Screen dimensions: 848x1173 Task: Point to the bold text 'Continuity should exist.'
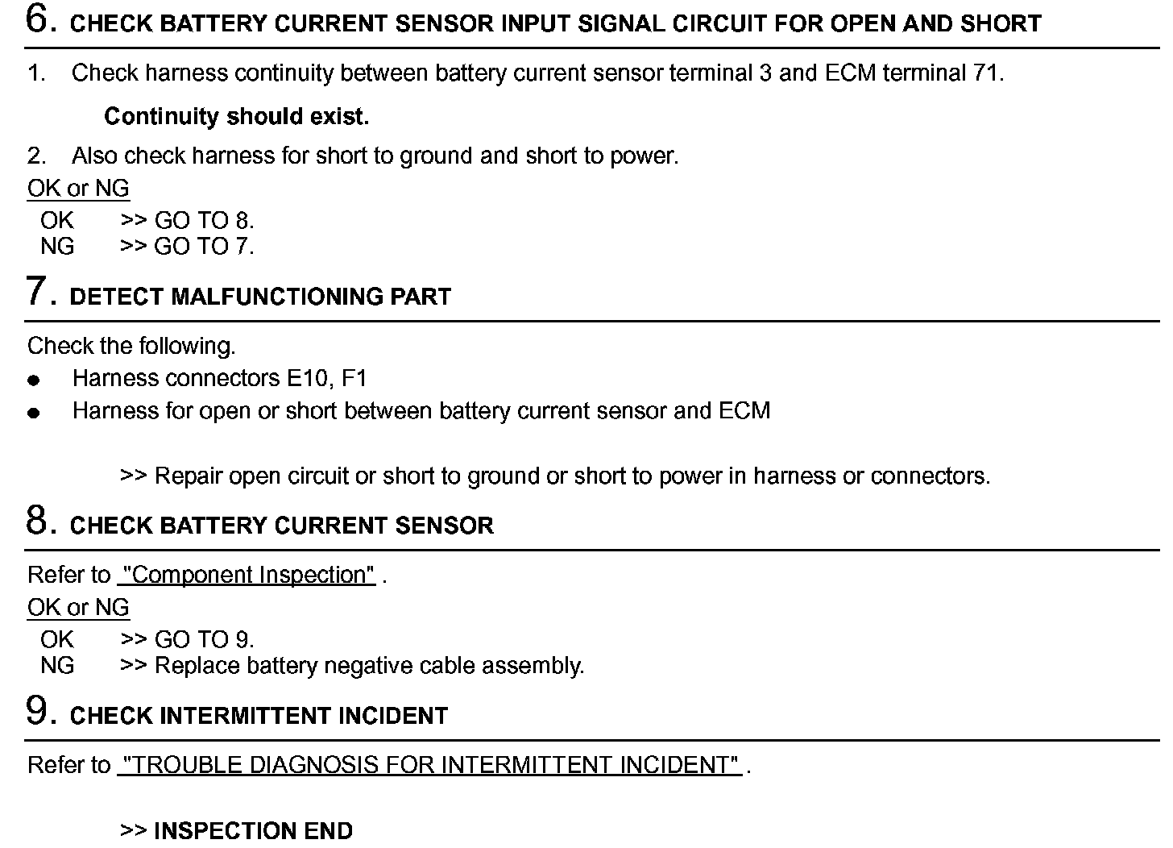coord(236,117)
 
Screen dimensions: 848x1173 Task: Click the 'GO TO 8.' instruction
coord(204,221)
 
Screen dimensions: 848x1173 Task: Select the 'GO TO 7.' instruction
coord(204,247)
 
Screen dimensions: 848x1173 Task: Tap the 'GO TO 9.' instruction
coord(204,640)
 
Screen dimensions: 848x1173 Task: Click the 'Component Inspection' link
coord(247,576)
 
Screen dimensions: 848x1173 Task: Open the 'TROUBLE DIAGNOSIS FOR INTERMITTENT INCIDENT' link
coord(429,765)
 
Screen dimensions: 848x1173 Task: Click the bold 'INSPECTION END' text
coord(252,831)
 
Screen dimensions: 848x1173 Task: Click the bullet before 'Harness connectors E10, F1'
coord(33,380)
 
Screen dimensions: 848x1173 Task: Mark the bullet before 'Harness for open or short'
coord(33,413)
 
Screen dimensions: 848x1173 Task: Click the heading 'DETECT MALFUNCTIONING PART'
coord(260,297)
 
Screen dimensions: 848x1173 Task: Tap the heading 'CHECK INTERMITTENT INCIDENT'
coord(259,716)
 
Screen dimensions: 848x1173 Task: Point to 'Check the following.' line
coord(131,347)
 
